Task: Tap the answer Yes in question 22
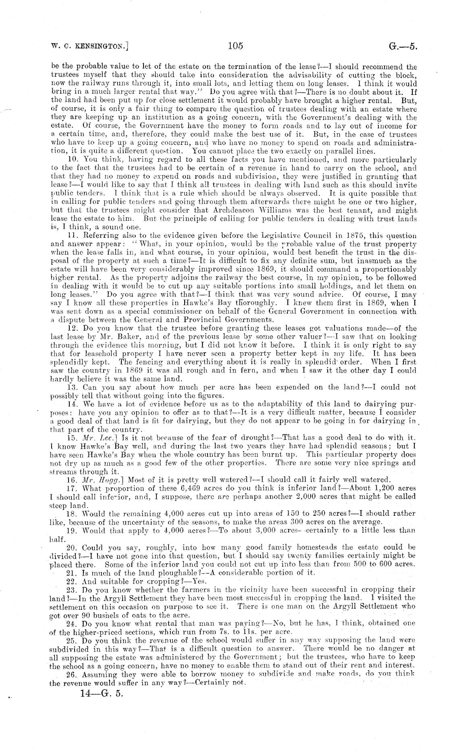pyautogui.click(x=199, y=581)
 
